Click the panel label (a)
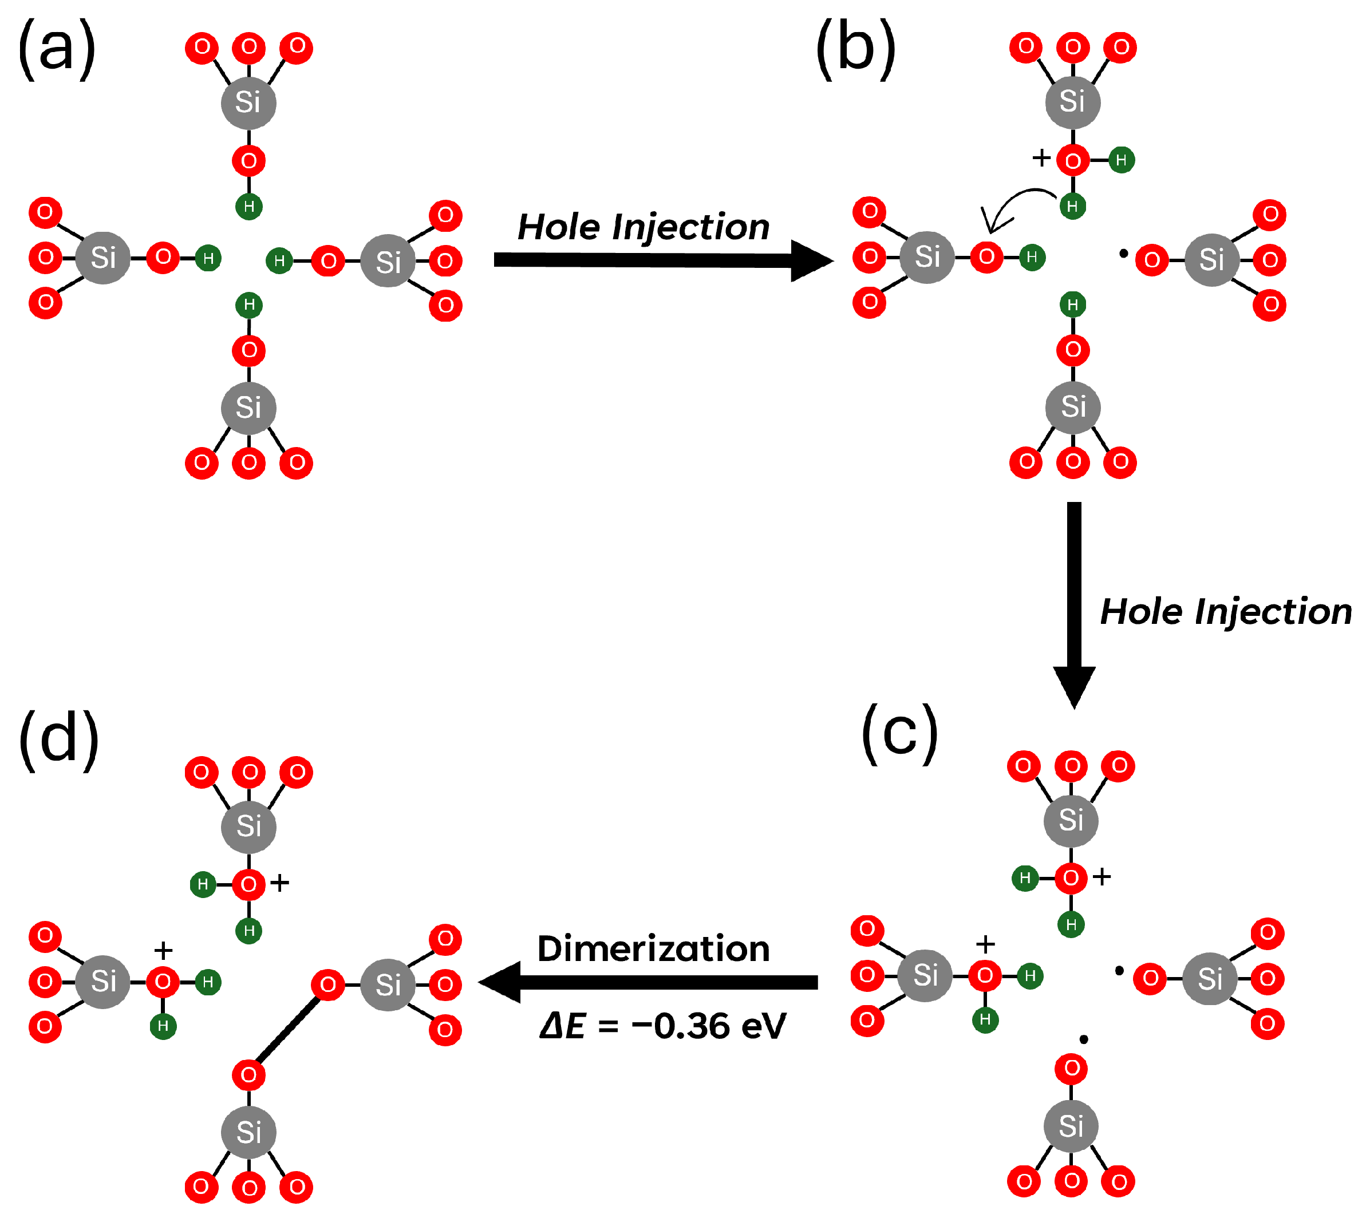click(x=57, y=49)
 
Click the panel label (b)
click(x=856, y=49)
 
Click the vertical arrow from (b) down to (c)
click(x=1073, y=600)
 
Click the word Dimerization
click(x=653, y=948)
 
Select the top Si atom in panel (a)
click(x=248, y=102)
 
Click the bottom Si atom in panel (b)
click(x=1072, y=407)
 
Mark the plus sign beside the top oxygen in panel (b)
click(x=1041, y=158)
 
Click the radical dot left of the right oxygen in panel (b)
click(x=1124, y=253)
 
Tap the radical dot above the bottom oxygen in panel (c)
click(x=1084, y=1039)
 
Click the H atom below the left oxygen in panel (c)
click(x=985, y=1019)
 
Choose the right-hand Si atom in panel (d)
click(x=388, y=984)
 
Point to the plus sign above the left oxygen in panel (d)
click(x=163, y=949)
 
